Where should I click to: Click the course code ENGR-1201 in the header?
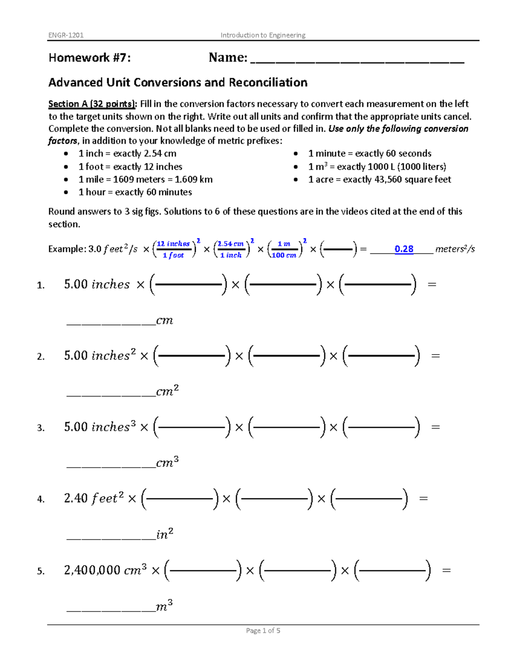point(66,35)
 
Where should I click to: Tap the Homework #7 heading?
point(90,57)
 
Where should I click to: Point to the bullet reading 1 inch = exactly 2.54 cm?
point(127,153)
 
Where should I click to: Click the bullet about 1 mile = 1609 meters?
point(145,179)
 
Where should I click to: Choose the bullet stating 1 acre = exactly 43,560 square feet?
point(379,179)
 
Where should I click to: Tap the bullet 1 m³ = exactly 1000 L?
point(377,167)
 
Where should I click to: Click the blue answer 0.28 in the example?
point(403,249)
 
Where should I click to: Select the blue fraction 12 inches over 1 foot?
point(173,249)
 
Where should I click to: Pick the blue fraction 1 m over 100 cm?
point(284,249)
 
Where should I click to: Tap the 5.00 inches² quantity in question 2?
point(100,355)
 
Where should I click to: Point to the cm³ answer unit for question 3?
point(167,462)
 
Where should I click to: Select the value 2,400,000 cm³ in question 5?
point(105,570)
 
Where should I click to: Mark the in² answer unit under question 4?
point(165,534)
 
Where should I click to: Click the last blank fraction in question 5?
point(392,570)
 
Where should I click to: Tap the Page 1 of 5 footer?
point(263,630)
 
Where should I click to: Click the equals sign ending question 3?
point(435,427)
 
